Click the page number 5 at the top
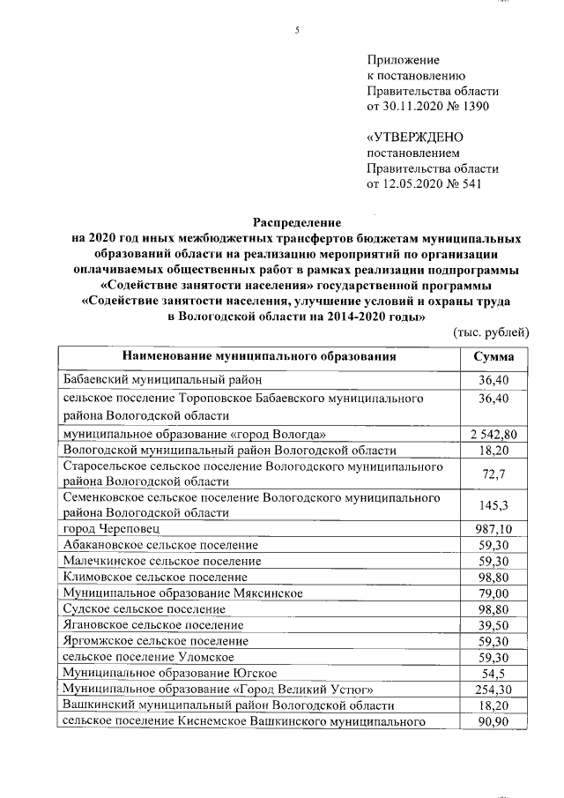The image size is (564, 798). [297, 30]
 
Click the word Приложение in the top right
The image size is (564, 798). [403, 59]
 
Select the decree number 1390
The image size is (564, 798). [469, 107]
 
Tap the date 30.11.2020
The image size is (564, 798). [409, 107]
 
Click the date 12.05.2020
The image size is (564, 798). [409, 184]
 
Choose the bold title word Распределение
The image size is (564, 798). [296, 222]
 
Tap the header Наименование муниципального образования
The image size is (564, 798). [259, 356]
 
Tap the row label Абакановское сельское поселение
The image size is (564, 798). [160, 544]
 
